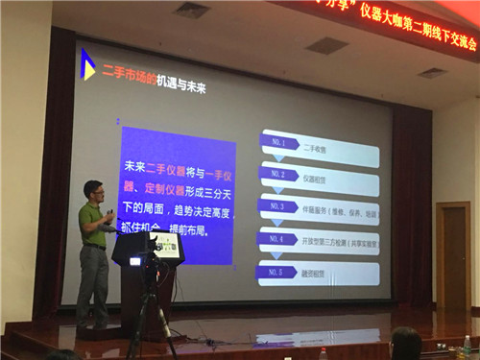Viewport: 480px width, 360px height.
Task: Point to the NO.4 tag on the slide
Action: (279, 238)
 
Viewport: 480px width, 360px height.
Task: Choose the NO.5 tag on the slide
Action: (278, 271)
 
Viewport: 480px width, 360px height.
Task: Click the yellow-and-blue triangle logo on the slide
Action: (87, 64)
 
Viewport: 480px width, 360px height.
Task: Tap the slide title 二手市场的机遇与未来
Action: (154, 87)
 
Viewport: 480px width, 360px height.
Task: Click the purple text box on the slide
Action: (177, 196)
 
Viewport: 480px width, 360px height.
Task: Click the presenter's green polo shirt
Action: (93, 225)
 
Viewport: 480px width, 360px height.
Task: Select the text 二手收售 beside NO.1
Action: (317, 150)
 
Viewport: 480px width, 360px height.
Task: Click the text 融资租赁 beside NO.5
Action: (316, 274)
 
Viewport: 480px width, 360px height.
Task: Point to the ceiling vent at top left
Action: (191, 10)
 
